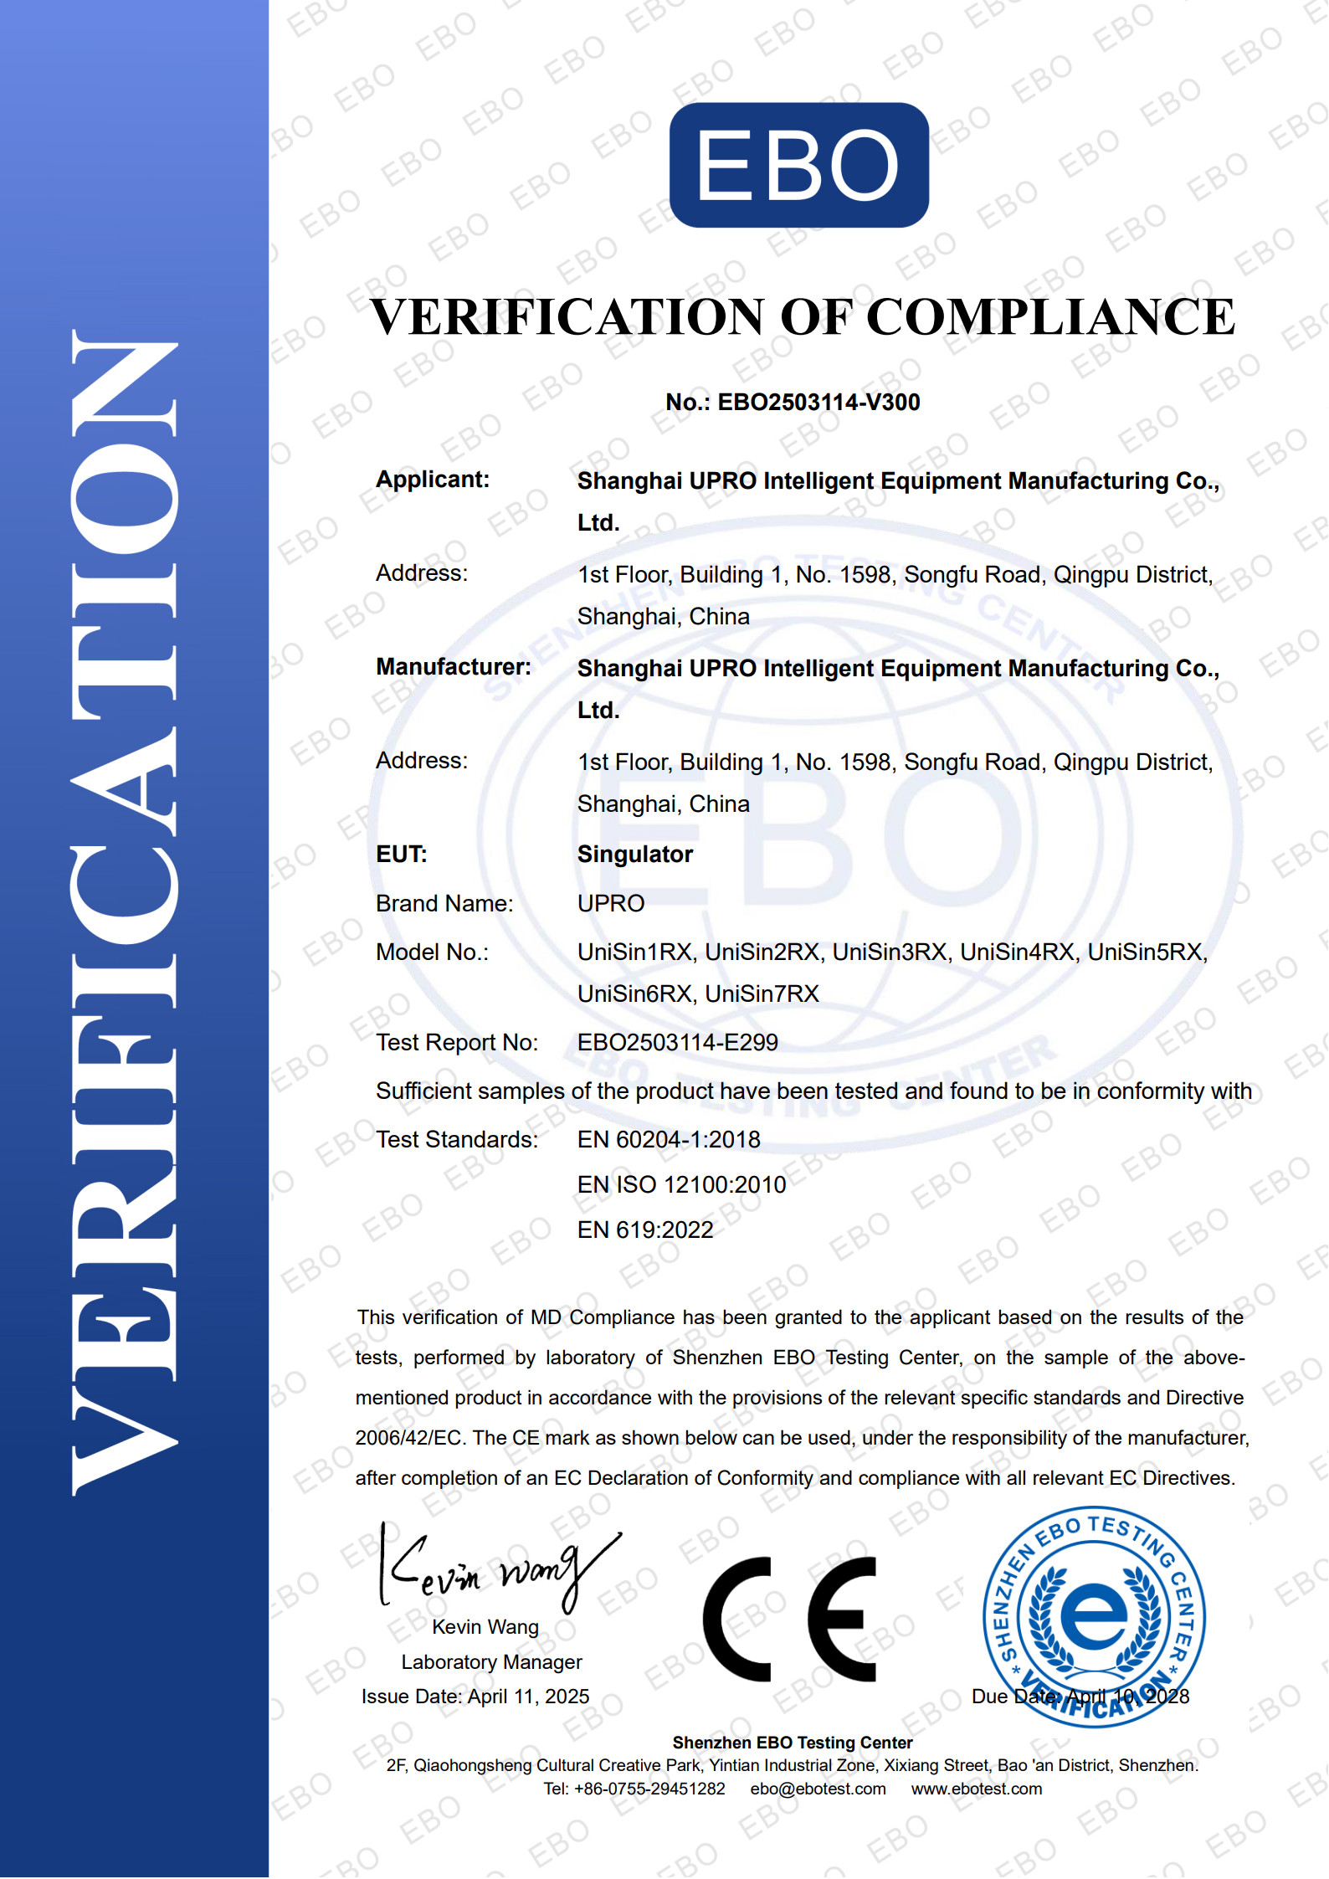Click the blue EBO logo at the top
[x=798, y=165]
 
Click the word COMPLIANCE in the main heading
[x=1050, y=317]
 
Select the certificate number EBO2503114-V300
[x=818, y=403]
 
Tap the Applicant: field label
[x=432, y=480]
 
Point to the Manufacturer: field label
[x=453, y=667]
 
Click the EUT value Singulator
[x=634, y=855]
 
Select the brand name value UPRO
[x=610, y=904]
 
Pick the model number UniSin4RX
[x=1016, y=952]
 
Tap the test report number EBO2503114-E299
[x=677, y=1043]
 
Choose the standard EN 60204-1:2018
[x=668, y=1140]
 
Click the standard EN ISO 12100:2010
[x=681, y=1185]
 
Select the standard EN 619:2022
[x=644, y=1230]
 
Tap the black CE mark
[x=788, y=1620]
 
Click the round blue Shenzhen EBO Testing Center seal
[x=1093, y=1615]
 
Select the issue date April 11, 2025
[x=528, y=1697]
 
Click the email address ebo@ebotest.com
[x=818, y=1789]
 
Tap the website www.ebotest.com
[x=976, y=1789]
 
